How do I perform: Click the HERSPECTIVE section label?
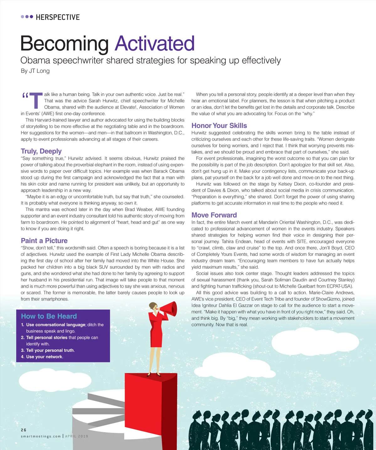[x=58, y=17]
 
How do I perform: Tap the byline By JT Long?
[x=35, y=71]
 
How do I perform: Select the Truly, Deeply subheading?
[x=41, y=151]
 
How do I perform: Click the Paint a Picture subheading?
[x=44, y=241]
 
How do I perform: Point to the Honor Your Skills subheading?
[x=219, y=126]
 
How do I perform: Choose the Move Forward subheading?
[x=214, y=215]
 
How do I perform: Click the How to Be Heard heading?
[x=49, y=316]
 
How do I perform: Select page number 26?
[x=24, y=430]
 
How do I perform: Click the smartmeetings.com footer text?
[x=41, y=436]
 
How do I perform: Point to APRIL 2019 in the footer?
[x=77, y=436]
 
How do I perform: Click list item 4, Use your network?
[x=45, y=357]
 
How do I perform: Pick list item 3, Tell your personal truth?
[x=50, y=350]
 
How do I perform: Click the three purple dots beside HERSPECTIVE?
[x=27, y=17]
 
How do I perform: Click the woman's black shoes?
[x=154, y=374]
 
